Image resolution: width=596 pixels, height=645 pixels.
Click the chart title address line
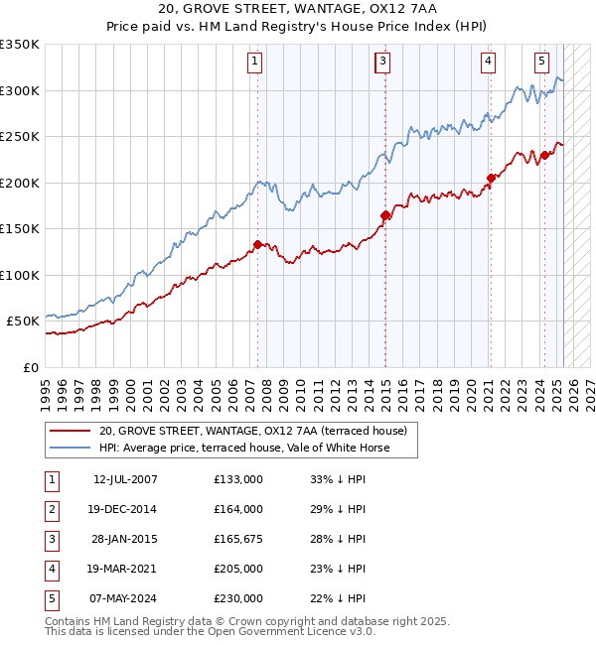tap(298, 8)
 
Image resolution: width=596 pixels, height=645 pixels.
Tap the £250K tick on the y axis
tap(20, 137)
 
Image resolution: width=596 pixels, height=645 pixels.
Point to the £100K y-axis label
tap(20, 275)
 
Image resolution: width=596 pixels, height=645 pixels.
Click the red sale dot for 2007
tap(257, 244)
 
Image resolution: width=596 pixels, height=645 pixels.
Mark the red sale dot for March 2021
tap(491, 179)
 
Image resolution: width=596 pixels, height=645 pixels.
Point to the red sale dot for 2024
tap(544, 155)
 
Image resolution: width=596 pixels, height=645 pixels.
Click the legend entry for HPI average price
tap(244, 449)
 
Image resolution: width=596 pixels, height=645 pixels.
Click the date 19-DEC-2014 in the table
tap(125, 509)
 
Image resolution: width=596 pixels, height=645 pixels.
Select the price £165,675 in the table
tap(238, 539)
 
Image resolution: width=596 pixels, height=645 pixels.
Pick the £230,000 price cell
tap(238, 598)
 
